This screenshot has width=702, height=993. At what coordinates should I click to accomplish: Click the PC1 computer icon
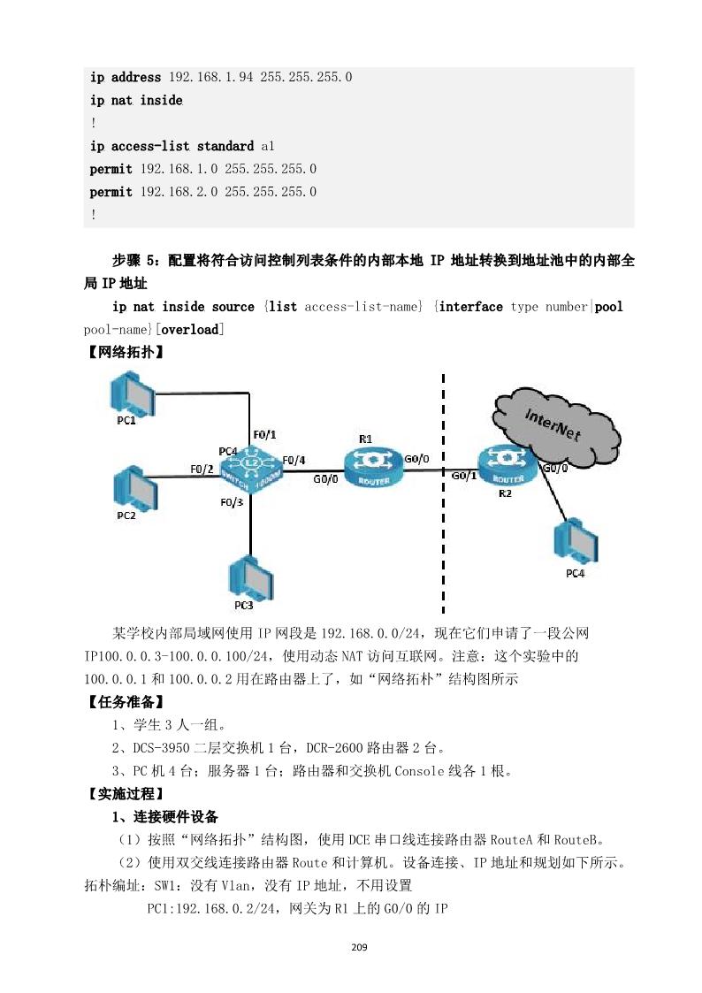click(x=128, y=392)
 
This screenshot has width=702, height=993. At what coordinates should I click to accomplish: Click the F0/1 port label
click(x=264, y=434)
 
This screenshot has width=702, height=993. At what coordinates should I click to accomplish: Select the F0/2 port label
click(x=202, y=468)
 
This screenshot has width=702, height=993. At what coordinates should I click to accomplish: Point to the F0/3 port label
click(x=232, y=502)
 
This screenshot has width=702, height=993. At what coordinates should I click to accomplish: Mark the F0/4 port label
click(x=293, y=460)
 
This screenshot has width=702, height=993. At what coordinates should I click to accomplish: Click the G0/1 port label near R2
click(x=464, y=476)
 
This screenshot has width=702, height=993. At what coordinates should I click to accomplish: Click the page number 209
click(x=358, y=948)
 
